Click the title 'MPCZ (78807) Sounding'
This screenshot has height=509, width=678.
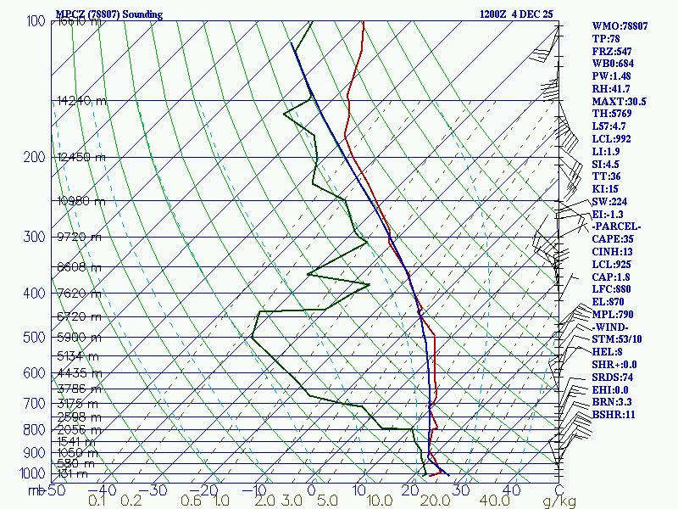108,14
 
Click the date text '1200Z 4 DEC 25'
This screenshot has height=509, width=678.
515,14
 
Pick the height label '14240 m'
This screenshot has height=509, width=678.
81,100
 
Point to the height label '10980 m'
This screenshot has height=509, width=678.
81,200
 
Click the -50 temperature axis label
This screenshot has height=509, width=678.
54,490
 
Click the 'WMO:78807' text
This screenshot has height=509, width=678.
620,26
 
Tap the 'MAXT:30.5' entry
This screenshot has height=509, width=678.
619,102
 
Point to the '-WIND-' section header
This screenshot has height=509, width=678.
610,327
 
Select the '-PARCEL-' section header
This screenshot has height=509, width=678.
617,227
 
